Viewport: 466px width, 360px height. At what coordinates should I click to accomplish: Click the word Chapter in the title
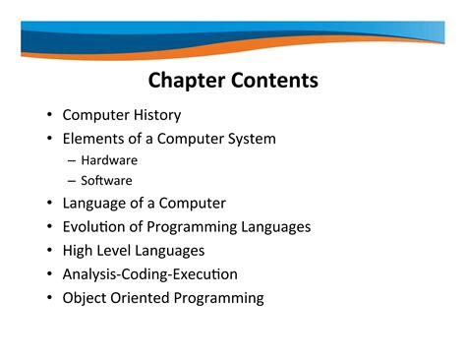[x=186, y=81]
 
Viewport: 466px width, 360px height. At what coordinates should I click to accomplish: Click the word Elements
[x=93, y=139]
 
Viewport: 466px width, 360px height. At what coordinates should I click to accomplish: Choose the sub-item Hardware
[x=109, y=160]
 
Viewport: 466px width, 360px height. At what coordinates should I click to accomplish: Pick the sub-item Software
[x=106, y=181]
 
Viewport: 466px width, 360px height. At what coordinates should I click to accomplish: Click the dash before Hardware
[x=73, y=160]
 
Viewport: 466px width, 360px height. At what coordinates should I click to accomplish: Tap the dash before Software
[x=73, y=181]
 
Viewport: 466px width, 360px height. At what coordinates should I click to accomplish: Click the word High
[x=79, y=251]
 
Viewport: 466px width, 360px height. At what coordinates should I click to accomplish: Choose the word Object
[x=86, y=298]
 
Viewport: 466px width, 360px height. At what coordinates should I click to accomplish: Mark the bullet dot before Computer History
[x=49, y=115]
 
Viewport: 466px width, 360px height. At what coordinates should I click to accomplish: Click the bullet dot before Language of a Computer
[x=49, y=204]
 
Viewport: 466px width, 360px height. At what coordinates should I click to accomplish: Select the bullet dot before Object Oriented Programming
[x=49, y=298]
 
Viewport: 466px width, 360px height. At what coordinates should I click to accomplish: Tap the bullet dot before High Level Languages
[x=49, y=251]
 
